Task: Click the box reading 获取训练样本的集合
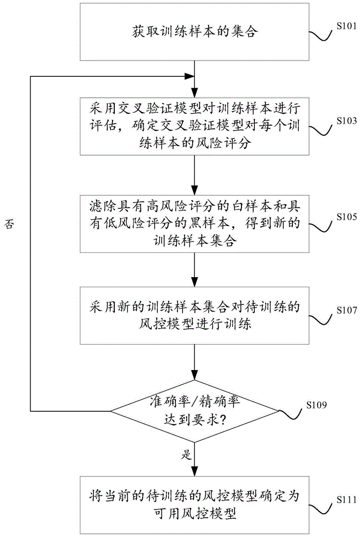pyautogui.click(x=195, y=32)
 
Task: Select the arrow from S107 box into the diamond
pyautogui.click(x=195, y=366)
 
